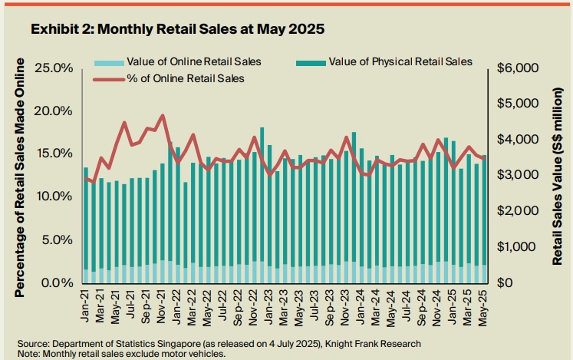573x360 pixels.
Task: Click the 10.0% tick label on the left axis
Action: coord(53,197)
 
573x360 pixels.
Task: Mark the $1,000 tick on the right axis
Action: coord(519,247)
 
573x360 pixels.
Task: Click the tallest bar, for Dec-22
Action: coord(262,200)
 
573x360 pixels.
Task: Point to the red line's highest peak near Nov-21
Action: coord(162,116)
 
